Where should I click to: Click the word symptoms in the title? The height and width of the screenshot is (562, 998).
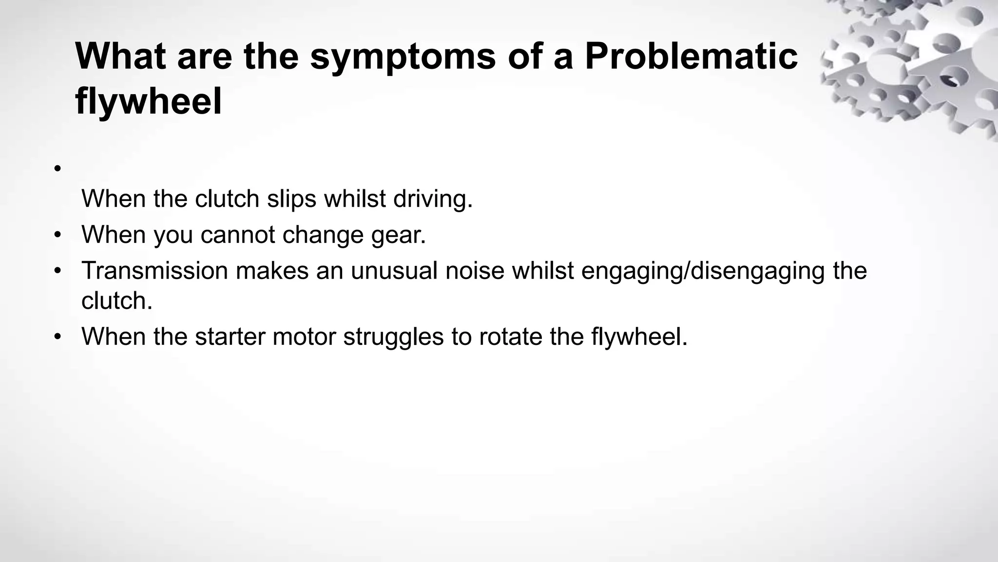pos(403,57)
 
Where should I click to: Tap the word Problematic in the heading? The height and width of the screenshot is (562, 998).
pos(691,57)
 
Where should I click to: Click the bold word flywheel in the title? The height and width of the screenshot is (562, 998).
pos(149,101)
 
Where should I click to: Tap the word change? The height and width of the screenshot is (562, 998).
pos(323,235)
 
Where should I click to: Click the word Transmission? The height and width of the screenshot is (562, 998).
pos(154,270)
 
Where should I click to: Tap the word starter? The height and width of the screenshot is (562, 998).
pos(230,336)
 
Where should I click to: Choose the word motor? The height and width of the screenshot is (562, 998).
pos(304,336)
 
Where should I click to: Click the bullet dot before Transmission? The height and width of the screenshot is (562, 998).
pos(58,271)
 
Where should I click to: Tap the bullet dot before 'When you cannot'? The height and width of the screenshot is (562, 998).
pos(58,235)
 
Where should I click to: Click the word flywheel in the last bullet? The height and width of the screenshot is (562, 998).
pos(639,336)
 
